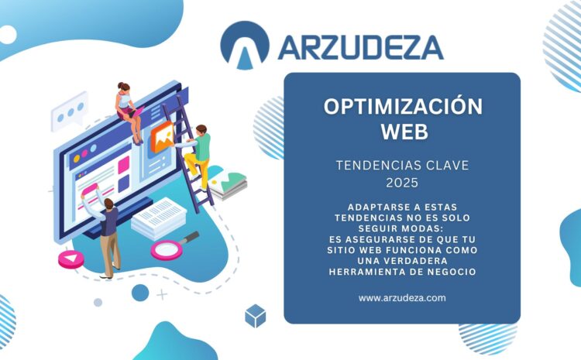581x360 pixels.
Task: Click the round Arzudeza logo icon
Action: pos(245,44)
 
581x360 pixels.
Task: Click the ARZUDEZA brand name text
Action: pos(360,48)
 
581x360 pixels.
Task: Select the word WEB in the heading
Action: pos(404,132)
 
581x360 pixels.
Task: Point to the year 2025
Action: pos(402,183)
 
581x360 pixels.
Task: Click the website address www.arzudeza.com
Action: pos(402,298)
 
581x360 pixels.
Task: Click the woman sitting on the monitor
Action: pos(129,113)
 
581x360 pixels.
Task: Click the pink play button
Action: pos(71,259)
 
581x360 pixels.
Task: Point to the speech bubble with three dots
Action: pos(69,111)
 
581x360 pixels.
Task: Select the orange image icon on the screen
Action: pos(163,137)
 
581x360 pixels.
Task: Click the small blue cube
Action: pos(256,316)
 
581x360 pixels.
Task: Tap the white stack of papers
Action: pos(160,218)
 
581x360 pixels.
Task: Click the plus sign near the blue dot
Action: pos(162,295)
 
